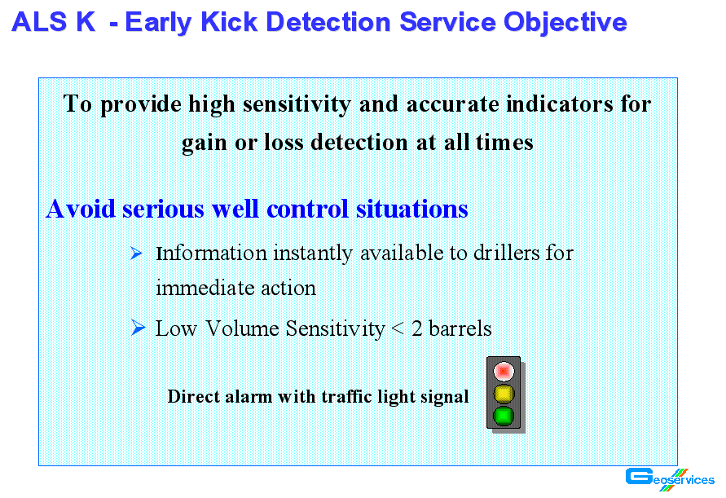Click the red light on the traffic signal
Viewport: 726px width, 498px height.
click(x=504, y=371)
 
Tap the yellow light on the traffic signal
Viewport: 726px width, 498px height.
click(x=504, y=394)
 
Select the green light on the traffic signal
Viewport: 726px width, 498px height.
click(x=504, y=416)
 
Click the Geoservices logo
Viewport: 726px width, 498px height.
click(x=670, y=479)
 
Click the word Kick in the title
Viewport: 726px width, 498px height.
click(x=229, y=22)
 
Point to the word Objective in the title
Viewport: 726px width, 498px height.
click(x=565, y=23)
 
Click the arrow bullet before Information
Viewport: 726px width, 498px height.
click(x=136, y=253)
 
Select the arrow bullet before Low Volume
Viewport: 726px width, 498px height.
click(x=138, y=328)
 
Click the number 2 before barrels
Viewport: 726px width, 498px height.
click(x=416, y=328)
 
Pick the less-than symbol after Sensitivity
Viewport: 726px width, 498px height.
click(x=398, y=329)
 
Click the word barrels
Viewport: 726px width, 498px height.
click(x=460, y=328)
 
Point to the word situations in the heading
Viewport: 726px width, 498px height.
click(x=412, y=209)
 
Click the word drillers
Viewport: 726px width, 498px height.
click(x=507, y=253)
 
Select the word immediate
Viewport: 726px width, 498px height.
click(x=205, y=288)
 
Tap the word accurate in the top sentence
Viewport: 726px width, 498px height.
click(x=453, y=104)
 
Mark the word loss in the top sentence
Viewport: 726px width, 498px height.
click(x=284, y=142)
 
